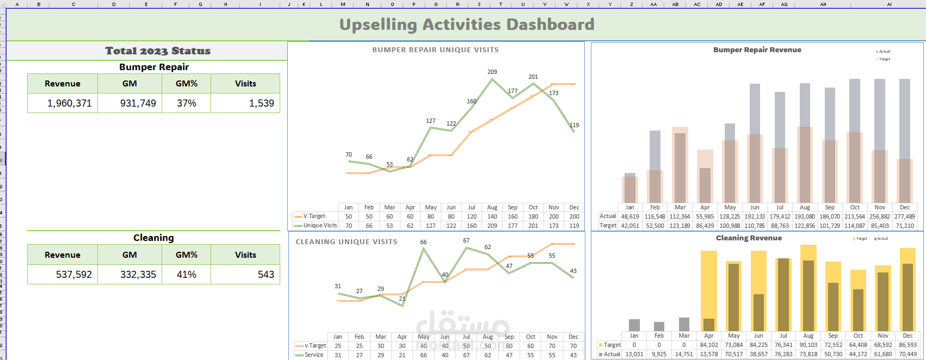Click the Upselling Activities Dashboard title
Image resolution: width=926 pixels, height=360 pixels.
[x=466, y=24]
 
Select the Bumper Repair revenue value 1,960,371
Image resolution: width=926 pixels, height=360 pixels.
[x=69, y=103]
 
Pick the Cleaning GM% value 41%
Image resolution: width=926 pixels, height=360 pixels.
[x=186, y=275]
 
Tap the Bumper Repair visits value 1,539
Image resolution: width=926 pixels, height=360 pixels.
[x=261, y=103]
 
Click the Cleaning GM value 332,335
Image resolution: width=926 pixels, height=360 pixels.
[x=138, y=275]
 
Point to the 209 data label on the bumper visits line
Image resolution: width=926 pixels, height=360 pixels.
[x=492, y=72]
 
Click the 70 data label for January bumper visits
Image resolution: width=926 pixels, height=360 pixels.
[x=348, y=154]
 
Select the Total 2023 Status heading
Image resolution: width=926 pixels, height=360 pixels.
[x=158, y=51]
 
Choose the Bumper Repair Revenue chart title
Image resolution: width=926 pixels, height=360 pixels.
[x=757, y=49]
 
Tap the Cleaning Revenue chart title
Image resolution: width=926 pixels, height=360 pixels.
[x=749, y=238]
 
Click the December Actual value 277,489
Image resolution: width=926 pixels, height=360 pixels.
[x=904, y=216]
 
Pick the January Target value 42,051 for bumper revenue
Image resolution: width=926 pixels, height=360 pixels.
[x=630, y=226]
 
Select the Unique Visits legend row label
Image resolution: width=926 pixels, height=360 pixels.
[x=320, y=226]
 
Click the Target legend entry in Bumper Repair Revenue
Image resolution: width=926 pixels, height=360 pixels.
[x=884, y=59]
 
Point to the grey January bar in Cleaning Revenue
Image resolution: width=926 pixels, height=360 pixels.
[x=634, y=325]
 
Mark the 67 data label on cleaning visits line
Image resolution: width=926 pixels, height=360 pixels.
[x=466, y=240]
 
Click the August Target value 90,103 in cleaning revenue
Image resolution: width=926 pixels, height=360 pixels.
[x=808, y=345]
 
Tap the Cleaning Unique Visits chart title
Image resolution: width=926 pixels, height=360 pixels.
[x=347, y=242]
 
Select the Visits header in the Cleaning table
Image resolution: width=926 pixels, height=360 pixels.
[x=245, y=255]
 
